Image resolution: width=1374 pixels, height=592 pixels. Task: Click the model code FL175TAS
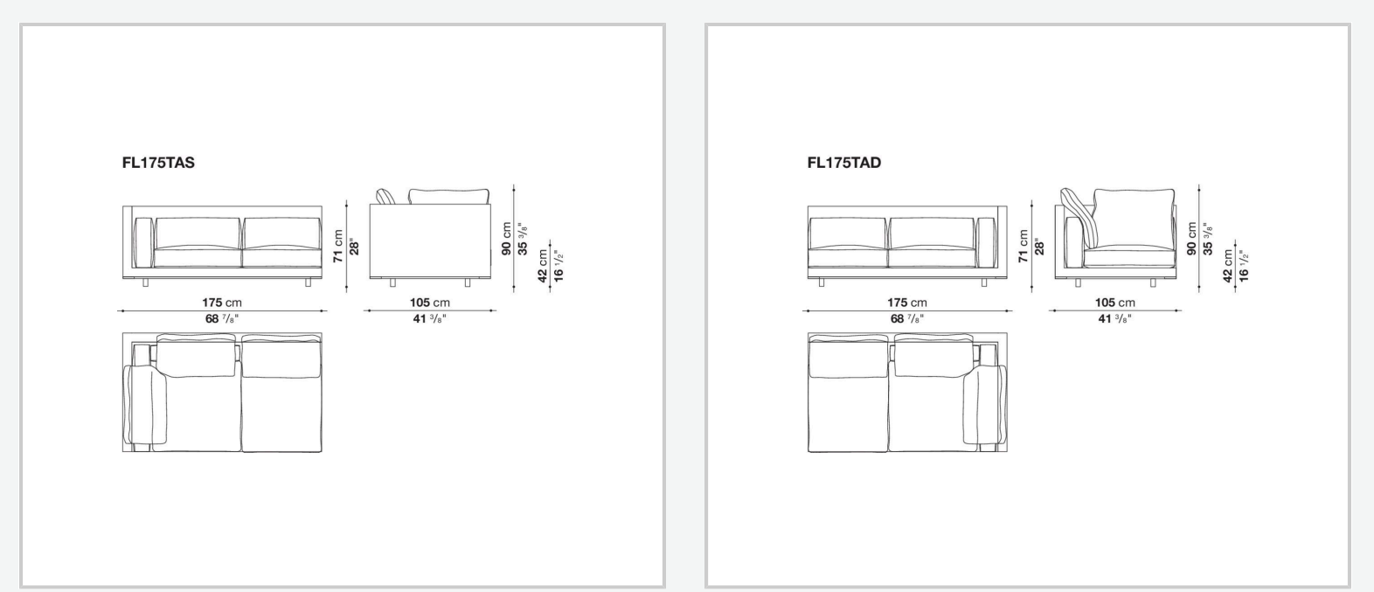coord(158,163)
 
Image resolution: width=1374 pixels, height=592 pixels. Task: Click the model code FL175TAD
coord(844,163)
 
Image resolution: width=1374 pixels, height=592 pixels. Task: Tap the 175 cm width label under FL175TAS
coord(222,303)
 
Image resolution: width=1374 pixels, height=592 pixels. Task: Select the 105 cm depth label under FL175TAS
coord(430,303)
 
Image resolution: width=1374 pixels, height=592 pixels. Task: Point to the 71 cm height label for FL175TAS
coord(338,247)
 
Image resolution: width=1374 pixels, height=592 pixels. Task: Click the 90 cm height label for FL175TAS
coord(506,239)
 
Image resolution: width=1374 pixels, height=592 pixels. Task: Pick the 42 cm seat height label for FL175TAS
coord(542,266)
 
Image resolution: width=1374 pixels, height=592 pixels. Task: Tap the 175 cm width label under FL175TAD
coord(907,303)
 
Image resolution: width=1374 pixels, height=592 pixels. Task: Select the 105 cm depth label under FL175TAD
coord(1115,303)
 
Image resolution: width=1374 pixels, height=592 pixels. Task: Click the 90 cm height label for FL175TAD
coord(1191,239)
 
